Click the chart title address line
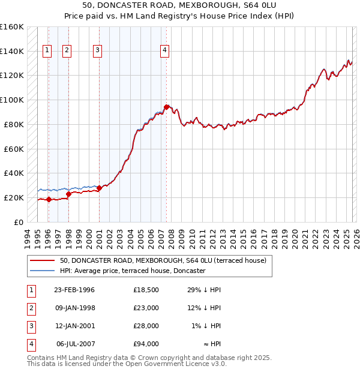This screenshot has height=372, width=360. point(180,5)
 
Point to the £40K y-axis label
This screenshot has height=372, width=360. point(14,173)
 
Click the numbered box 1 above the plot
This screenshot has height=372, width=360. point(47,51)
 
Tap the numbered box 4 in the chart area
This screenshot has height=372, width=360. point(164,51)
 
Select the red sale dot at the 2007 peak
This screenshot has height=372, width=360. point(166,107)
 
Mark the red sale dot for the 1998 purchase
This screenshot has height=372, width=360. point(68,194)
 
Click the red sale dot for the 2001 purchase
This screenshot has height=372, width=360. point(99,188)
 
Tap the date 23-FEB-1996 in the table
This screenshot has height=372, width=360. point(74,290)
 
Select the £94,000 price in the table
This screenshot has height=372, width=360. point(146,344)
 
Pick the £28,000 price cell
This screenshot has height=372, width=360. point(146,326)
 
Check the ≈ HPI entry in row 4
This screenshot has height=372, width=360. point(211,344)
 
